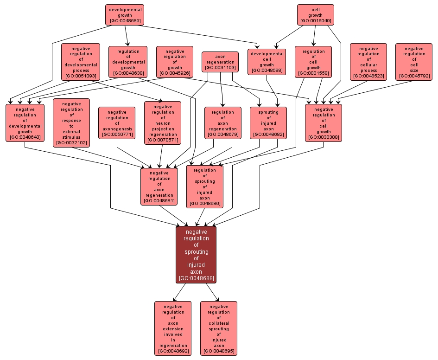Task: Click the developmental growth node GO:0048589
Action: point(125,15)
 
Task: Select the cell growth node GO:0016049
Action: point(315,15)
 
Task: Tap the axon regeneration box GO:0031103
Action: point(221,62)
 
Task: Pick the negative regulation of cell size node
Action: point(413,62)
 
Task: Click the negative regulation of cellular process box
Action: point(368,62)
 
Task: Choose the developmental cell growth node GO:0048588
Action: point(267,62)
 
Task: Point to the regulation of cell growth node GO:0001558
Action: point(313,62)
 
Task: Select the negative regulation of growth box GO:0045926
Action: point(175,62)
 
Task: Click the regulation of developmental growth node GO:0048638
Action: point(128,62)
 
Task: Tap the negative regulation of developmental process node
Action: point(81,62)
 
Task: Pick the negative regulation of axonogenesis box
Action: point(117,123)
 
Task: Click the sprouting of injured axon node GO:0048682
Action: point(268,123)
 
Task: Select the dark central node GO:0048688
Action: point(196,255)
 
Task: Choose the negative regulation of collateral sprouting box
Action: point(219,328)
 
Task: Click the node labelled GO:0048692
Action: point(173,328)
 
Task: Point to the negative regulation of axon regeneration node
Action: point(159,186)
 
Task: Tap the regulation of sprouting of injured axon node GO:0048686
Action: point(205,186)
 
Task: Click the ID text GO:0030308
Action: point(324,137)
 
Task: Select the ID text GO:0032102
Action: point(71,143)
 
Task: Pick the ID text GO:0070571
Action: point(163,140)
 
